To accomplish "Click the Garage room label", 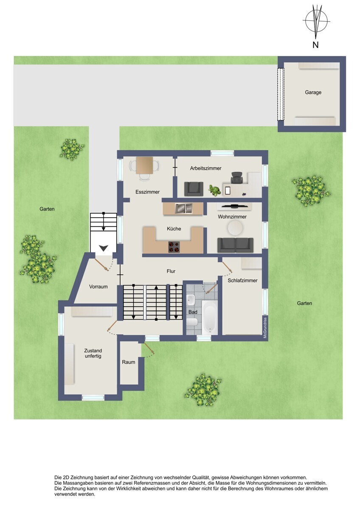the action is [x=313, y=92].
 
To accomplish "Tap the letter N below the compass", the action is [x=315, y=45].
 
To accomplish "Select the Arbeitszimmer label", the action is [x=205, y=168].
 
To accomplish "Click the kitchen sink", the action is [x=183, y=208].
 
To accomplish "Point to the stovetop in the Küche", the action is [x=174, y=247].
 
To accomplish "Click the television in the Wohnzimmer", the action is [x=234, y=206].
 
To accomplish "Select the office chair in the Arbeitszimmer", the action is [x=237, y=178].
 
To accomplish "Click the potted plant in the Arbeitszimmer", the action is [x=214, y=190].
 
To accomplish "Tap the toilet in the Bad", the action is [x=193, y=322].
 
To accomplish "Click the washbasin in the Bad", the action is [x=191, y=300].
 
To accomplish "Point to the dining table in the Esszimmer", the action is [x=144, y=165].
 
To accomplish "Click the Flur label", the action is [x=171, y=271].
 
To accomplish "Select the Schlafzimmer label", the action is [x=242, y=280].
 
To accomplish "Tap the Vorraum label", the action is [x=98, y=287].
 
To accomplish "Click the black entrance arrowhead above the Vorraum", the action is [x=104, y=248].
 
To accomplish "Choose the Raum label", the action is [x=129, y=362].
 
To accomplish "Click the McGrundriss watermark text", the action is [x=265, y=328].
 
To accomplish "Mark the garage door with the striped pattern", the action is [x=281, y=94].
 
